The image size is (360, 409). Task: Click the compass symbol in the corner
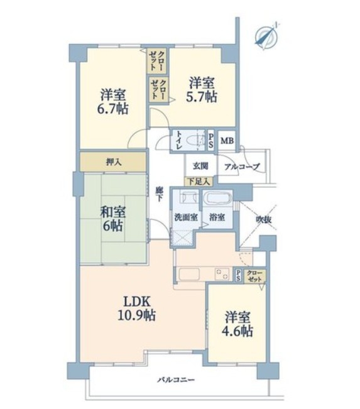[266, 36]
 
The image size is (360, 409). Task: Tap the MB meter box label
[227, 141]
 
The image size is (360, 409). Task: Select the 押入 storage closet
[112, 162]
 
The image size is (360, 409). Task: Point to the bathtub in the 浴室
[217, 198]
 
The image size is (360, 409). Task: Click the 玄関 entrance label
[200, 166]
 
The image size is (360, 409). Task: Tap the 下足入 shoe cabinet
[199, 182]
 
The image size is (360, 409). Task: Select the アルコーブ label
[242, 166]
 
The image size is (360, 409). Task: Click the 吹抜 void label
[263, 220]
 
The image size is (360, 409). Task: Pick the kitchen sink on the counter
[189, 274]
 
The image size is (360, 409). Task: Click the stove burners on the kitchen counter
[222, 274]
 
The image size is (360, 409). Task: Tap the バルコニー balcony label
[176, 379]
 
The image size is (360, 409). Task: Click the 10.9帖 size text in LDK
[137, 315]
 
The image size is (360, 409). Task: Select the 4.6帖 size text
[237, 331]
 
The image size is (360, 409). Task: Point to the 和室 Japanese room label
[113, 212]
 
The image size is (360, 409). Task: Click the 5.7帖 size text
[201, 97]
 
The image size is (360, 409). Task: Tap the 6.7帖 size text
[112, 109]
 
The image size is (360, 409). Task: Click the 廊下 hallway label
[158, 194]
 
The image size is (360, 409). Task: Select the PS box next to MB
[211, 141]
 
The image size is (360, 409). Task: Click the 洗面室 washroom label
[186, 217]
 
